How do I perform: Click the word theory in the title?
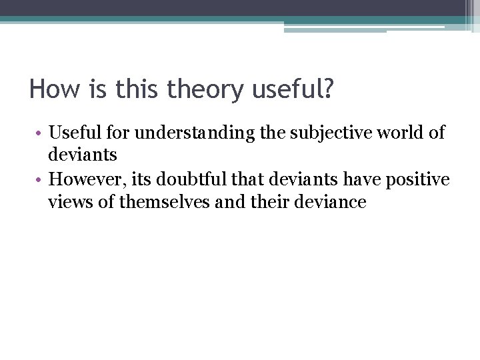(x=205, y=89)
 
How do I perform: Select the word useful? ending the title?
(x=291, y=89)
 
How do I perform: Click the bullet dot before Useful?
(x=40, y=133)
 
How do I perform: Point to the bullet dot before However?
(x=40, y=180)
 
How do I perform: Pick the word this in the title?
(x=138, y=89)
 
